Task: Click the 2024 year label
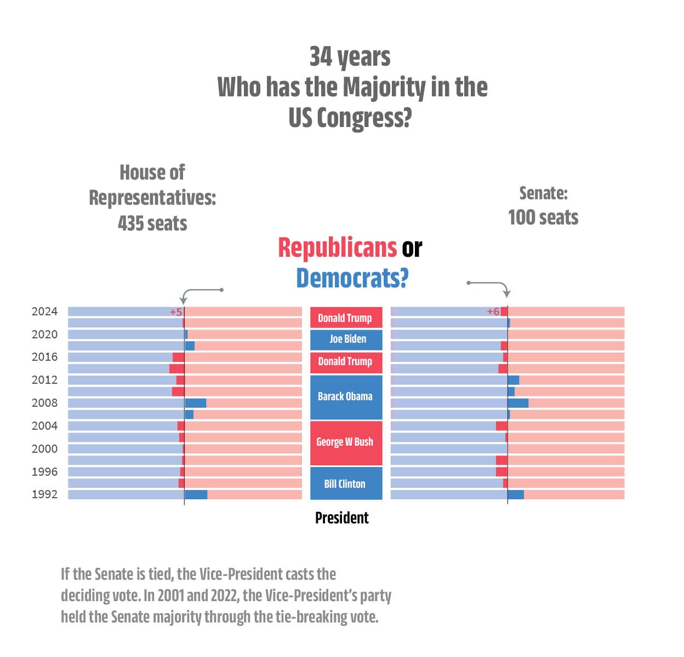click(x=44, y=311)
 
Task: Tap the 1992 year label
click(x=44, y=494)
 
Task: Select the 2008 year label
click(x=44, y=402)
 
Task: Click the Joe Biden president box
click(x=346, y=339)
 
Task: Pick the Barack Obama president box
click(x=346, y=397)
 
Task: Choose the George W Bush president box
click(x=346, y=442)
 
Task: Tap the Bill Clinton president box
click(x=346, y=483)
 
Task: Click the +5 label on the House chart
click(x=176, y=312)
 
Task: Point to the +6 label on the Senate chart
click(x=493, y=311)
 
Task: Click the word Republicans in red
click(x=337, y=247)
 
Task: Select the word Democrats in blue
click(x=352, y=278)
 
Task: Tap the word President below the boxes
click(x=341, y=517)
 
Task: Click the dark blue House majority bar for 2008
click(x=196, y=403)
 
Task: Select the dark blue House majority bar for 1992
click(x=196, y=494)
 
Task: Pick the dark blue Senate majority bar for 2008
click(x=518, y=403)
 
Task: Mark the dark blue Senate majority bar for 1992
click(x=516, y=494)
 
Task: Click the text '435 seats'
click(x=152, y=223)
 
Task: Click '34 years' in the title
click(x=350, y=57)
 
